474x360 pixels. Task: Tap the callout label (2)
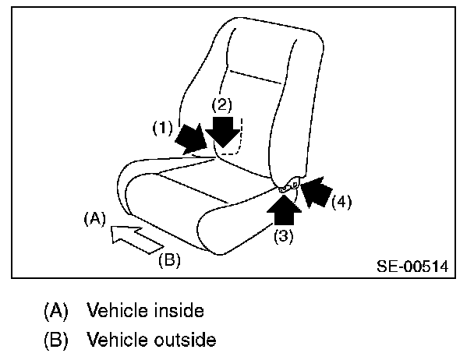[224, 104]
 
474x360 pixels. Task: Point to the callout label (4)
[341, 203]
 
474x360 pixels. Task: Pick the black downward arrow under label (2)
[225, 131]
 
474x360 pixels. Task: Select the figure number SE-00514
[412, 266]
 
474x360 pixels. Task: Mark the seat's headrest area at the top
[269, 47]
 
